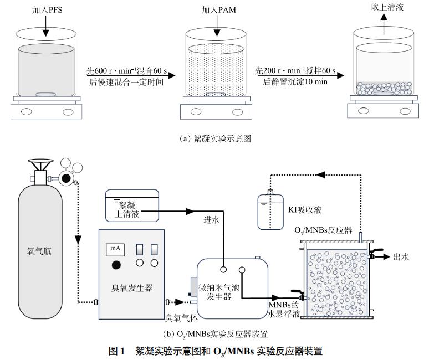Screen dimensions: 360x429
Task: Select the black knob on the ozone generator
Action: click(116, 265)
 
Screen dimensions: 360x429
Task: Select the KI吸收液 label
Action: click(305, 210)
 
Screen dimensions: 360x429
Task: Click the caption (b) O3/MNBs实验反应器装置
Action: click(215, 334)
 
